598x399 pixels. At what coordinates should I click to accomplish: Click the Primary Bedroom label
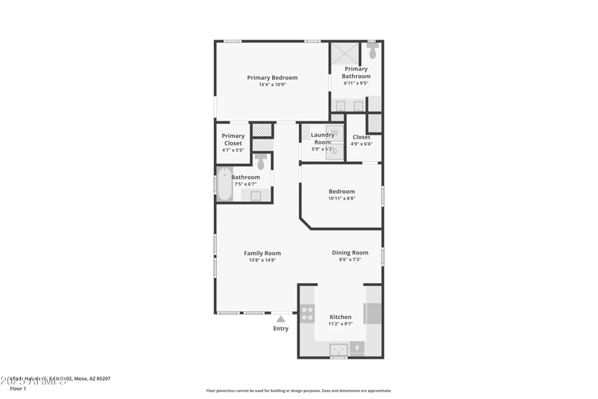[x=272, y=78]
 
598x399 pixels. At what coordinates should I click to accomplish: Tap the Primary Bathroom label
[x=356, y=73]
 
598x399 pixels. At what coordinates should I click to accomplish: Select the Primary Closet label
[x=233, y=139]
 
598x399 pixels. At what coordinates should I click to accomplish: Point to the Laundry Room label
[x=322, y=138]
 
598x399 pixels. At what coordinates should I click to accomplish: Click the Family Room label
[x=262, y=253]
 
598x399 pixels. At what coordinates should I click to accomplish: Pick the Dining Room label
[x=350, y=253]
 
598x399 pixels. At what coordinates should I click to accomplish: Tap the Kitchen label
[x=340, y=317]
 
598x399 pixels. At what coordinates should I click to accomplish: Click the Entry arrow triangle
[x=280, y=319]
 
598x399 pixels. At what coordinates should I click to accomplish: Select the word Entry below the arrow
[x=280, y=329]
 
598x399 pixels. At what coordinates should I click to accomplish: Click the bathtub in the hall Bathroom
[x=224, y=185]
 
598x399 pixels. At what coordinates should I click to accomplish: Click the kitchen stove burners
[x=307, y=314]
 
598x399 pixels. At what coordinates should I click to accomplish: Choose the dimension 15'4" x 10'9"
[x=272, y=85]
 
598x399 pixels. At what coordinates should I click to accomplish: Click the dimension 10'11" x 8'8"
[x=341, y=198]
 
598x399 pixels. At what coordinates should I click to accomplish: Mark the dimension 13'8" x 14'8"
[x=262, y=261]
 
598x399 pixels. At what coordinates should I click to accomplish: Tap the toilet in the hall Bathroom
[x=261, y=161]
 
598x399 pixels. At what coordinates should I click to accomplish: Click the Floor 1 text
[x=18, y=389]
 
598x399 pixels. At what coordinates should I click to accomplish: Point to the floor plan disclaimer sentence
[x=298, y=390]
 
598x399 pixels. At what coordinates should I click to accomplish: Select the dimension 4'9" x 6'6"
[x=361, y=144]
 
